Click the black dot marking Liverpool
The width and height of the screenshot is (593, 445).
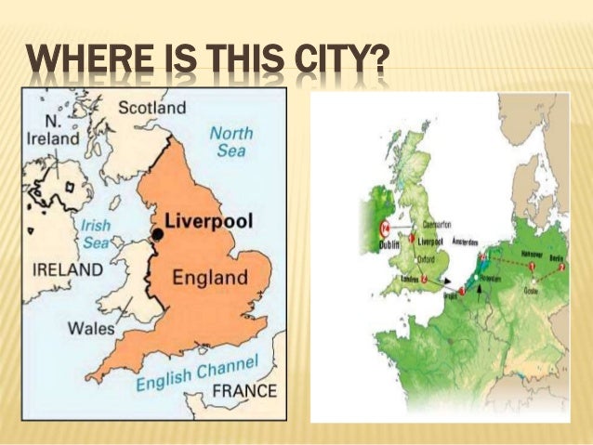click(x=157, y=235)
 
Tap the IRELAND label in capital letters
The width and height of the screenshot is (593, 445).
click(x=68, y=269)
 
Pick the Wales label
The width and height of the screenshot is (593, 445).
click(x=91, y=328)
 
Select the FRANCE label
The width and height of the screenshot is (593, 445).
click(x=244, y=390)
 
